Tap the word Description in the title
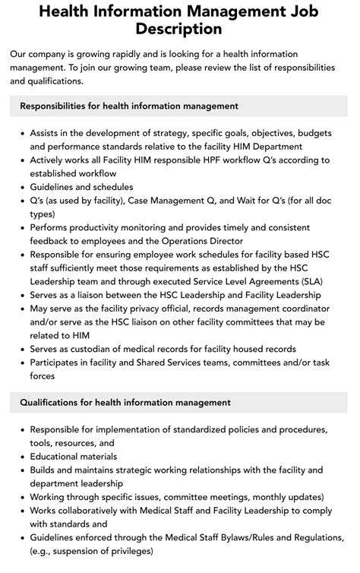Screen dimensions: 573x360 (180, 29)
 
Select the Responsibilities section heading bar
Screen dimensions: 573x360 (179, 106)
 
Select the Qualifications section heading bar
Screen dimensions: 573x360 (179, 402)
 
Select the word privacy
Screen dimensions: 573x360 (153, 308)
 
